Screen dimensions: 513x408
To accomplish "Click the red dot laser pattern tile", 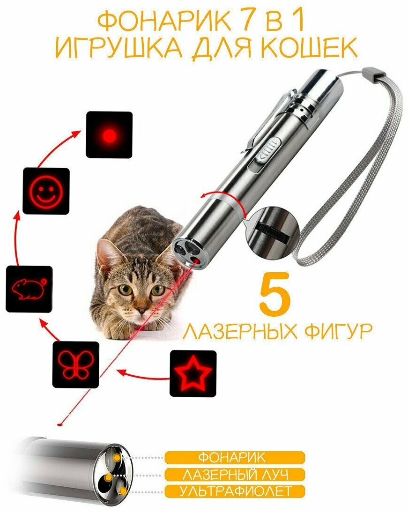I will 109,134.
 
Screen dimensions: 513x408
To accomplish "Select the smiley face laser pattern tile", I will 46,191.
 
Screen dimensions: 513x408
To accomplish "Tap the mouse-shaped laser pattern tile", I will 29,289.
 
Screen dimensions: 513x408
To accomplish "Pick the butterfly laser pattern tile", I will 75,364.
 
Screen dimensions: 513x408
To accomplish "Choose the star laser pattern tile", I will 193,373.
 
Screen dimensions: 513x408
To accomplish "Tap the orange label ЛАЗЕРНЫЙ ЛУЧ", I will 235,475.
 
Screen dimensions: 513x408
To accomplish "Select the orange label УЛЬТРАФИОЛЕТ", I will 235,491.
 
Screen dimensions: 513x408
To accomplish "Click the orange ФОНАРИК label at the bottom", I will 235,458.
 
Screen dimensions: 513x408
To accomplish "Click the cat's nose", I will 141,310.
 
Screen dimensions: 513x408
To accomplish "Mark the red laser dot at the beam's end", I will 59,424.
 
